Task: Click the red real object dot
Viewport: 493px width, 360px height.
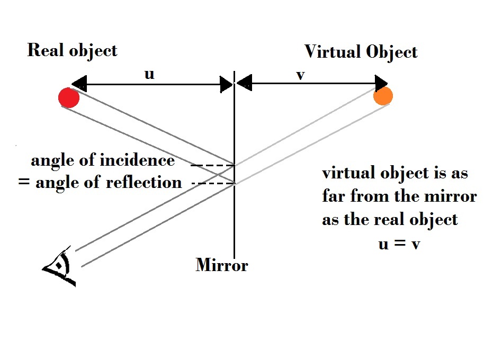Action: pos(69,98)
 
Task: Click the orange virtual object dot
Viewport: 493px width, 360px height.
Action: pos(383,96)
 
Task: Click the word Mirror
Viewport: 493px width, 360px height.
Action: pos(221,264)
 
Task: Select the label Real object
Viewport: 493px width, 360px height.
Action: pos(72,50)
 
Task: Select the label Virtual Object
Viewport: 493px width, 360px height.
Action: pos(361,52)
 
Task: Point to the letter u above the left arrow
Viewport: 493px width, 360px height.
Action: pos(149,74)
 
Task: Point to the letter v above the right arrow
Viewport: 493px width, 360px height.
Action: pos(300,75)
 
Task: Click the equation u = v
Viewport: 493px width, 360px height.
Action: pos(399,244)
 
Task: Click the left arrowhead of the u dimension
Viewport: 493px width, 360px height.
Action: pos(78,83)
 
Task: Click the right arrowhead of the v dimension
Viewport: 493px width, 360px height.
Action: pos(381,83)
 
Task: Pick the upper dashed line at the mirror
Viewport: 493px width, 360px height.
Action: pos(212,166)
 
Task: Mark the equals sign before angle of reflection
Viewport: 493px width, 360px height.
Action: pos(23,184)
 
